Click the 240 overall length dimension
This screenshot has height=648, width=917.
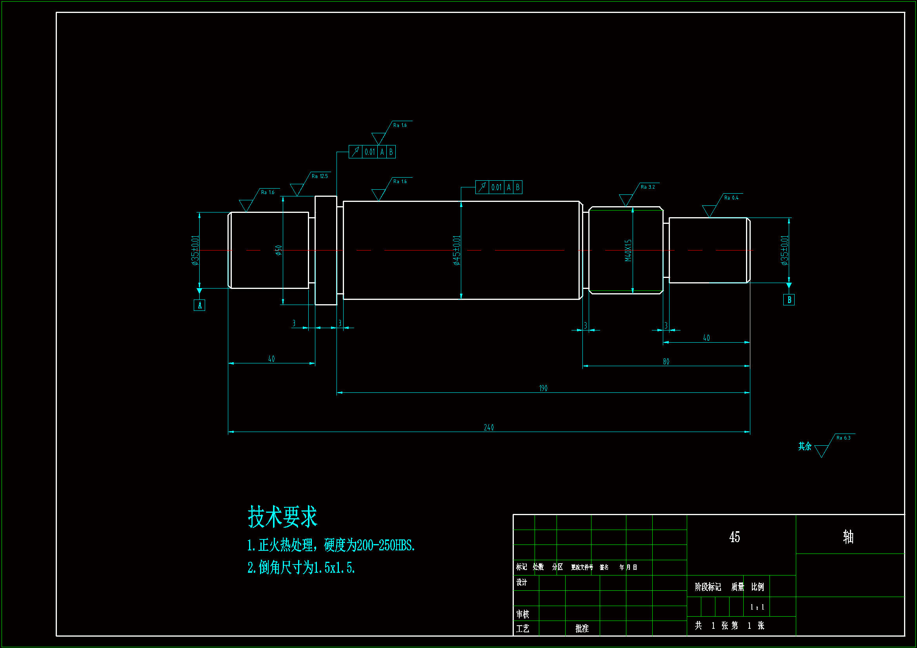pos(488,427)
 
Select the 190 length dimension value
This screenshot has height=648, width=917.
pos(543,388)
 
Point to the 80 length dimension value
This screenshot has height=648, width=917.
pos(666,361)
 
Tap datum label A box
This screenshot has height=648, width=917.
pos(199,305)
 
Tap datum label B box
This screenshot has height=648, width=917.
pos(789,300)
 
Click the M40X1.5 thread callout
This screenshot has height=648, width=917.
pos(628,250)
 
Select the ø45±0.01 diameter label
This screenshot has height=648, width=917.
pos(457,250)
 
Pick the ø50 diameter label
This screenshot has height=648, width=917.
pos(278,250)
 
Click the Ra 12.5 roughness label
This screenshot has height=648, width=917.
pos(320,176)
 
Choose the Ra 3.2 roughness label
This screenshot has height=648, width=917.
pos(648,187)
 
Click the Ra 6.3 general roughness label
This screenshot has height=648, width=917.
pos(843,437)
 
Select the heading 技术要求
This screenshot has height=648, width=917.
pos(282,517)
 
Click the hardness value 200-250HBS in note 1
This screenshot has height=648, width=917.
pos(385,545)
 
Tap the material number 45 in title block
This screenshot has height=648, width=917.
pos(734,537)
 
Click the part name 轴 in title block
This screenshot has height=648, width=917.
pos(848,537)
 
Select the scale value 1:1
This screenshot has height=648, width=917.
pos(757,607)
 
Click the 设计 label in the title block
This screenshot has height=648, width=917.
pos(521,582)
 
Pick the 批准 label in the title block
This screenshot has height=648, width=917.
pos(582,628)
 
